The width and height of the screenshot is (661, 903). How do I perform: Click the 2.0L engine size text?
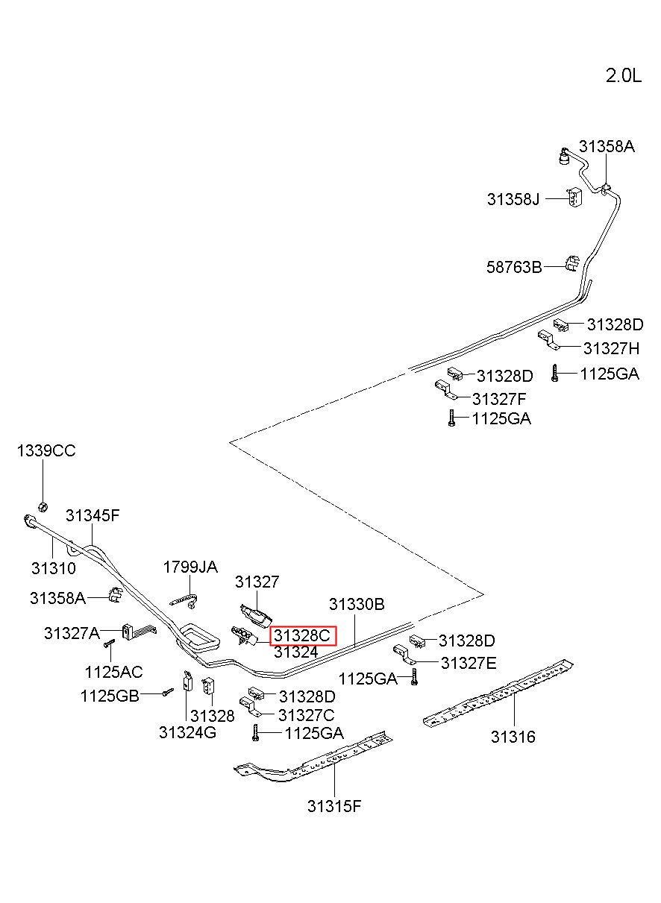click(x=623, y=75)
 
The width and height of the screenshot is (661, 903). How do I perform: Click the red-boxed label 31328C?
click(x=302, y=636)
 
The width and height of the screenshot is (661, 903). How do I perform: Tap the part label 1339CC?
click(x=46, y=450)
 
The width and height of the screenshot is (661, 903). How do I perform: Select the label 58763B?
click(x=514, y=267)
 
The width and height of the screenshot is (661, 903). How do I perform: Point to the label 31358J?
click(x=513, y=199)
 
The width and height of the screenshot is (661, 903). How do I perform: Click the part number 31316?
click(x=513, y=737)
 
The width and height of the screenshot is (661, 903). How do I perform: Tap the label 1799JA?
click(x=190, y=567)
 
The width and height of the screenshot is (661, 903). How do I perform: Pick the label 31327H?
click(x=612, y=348)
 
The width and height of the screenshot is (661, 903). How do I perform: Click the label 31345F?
click(x=93, y=515)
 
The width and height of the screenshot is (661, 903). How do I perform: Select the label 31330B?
click(x=357, y=604)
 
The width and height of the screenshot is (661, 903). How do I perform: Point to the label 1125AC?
click(x=113, y=672)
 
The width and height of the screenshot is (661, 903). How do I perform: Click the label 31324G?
click(x=187, y=732)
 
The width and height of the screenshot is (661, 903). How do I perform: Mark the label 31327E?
click(x=469, y=663)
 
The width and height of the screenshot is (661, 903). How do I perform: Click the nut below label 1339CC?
click(x=43, y=507)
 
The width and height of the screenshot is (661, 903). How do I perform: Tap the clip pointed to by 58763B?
click(x=571, y=263)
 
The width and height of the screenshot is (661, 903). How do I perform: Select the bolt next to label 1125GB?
click(x=168, y=692)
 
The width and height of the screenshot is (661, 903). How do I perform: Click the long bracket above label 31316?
click(x=498, y=693)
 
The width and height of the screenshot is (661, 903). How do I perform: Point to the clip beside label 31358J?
click(x=574, y=197)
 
